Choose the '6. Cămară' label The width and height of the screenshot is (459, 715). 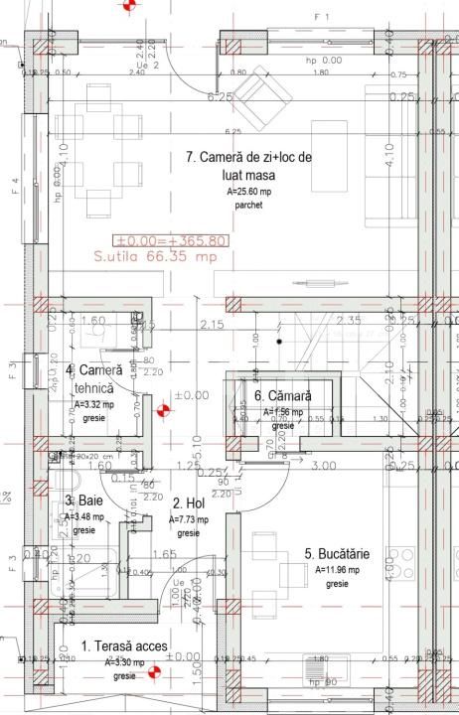click(283, 396)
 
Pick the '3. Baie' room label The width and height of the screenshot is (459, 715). click(81, 502)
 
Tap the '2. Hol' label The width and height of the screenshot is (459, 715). click(188, 504)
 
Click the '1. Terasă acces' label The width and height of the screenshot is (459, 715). click(125, 646)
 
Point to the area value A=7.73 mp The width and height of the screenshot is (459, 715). click(189, 519)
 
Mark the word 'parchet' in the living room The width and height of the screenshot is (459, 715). click(249, 206)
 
